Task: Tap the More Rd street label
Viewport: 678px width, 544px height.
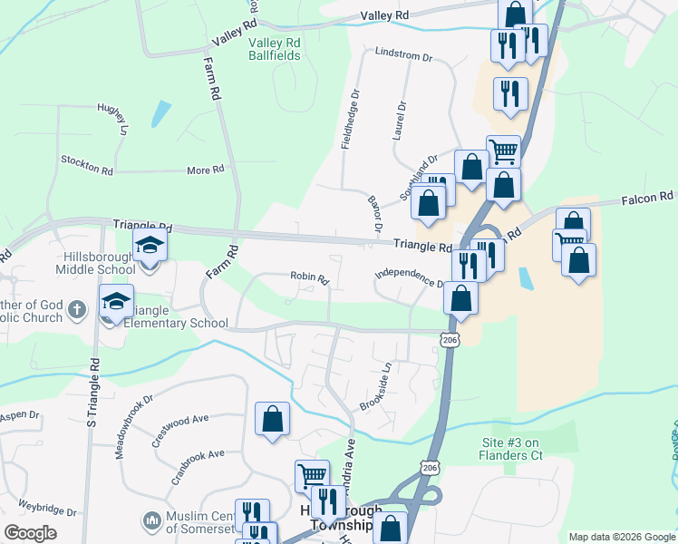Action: (x=205, y=170)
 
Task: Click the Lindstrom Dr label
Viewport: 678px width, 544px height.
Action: (x=403, y=55)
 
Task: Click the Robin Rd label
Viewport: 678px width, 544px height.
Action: (x=308, y=277)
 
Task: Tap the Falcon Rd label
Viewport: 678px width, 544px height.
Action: (x=648, y=197)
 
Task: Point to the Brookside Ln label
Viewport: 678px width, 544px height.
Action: (x=375, y=387)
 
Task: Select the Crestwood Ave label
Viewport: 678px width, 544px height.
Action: (x=181, y=428)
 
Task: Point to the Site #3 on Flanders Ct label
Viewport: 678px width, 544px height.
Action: (x=512, y=449)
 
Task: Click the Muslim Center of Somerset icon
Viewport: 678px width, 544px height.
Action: (x=150, y=521)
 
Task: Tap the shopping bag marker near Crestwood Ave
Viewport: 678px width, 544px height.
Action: (x=272, y=420)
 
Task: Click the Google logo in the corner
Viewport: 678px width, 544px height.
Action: (x=30, y=533)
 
